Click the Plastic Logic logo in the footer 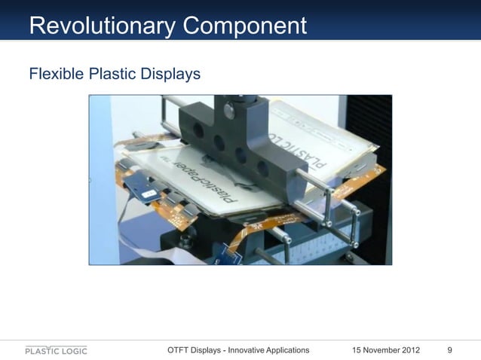pos(56,350)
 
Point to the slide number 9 pos(450,350)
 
